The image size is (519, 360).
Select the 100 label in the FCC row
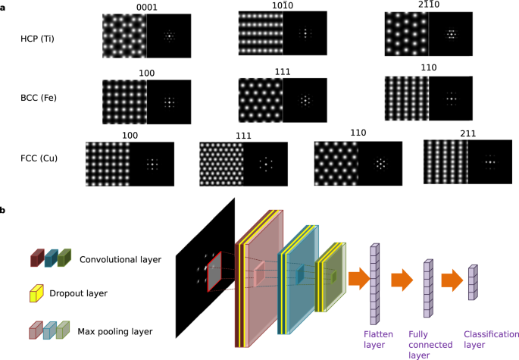pos(130,136)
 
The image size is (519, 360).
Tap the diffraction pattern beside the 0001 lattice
pos(168,36)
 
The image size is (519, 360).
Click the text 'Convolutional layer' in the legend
pos(120,259)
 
